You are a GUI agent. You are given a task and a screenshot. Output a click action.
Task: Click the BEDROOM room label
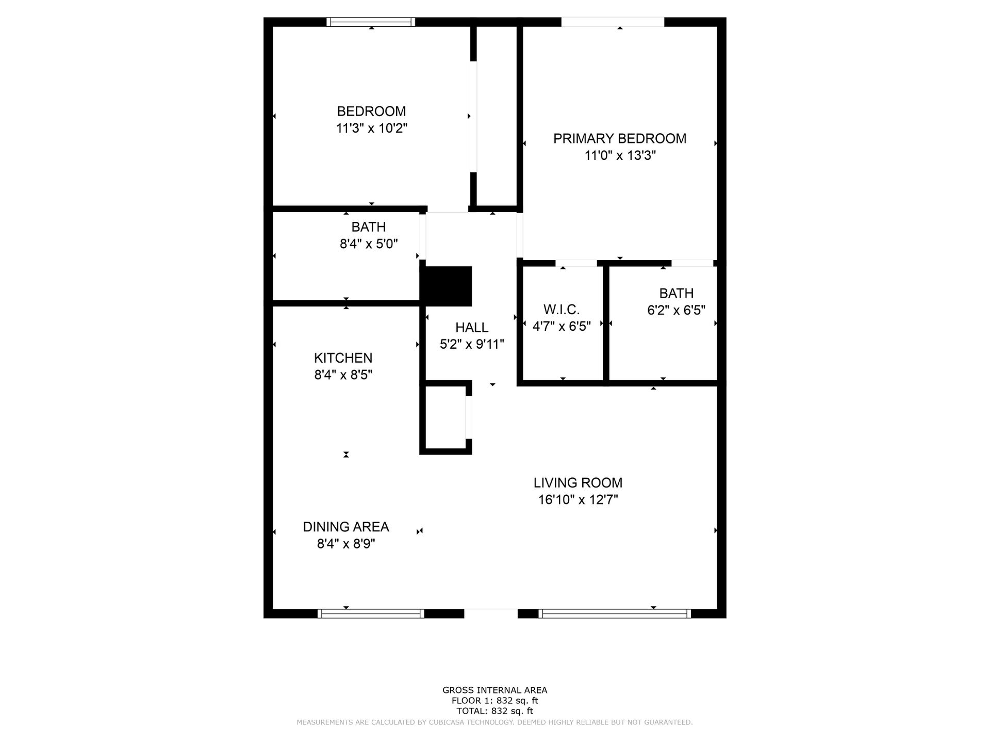point(371,111)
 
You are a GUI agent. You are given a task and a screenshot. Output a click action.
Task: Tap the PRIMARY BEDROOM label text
point(620,138)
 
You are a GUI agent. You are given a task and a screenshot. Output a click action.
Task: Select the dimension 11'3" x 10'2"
point(371,128)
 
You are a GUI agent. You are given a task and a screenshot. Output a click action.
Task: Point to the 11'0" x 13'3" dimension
point(620,155)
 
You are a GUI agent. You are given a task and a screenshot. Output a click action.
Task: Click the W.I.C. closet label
point(562,310)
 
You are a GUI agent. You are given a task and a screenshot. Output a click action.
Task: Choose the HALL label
point(472,327)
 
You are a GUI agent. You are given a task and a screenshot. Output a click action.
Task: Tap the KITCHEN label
point(343,358)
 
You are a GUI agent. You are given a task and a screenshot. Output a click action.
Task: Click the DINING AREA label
point(345,527)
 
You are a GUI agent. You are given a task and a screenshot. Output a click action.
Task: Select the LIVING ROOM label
point(577,483)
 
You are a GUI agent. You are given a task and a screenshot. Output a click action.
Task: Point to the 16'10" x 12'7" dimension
point(577,499)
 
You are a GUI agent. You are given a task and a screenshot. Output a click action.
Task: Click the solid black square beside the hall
point(447,286)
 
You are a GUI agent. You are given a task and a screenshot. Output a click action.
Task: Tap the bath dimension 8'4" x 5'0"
point(368,244)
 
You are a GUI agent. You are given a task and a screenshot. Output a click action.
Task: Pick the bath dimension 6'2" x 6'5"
point(676,310)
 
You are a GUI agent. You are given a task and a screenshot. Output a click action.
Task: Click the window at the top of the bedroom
point(371,22)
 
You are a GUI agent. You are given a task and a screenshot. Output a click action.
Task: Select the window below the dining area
point(371,613)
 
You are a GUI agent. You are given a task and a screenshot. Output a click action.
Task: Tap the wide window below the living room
point(614,613)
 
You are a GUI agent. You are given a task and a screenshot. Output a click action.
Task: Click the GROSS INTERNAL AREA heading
point(494,690)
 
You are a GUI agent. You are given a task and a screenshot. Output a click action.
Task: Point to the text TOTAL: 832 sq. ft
point(494,711)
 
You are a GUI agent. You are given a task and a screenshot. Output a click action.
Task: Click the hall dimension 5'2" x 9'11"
point(472,344)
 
